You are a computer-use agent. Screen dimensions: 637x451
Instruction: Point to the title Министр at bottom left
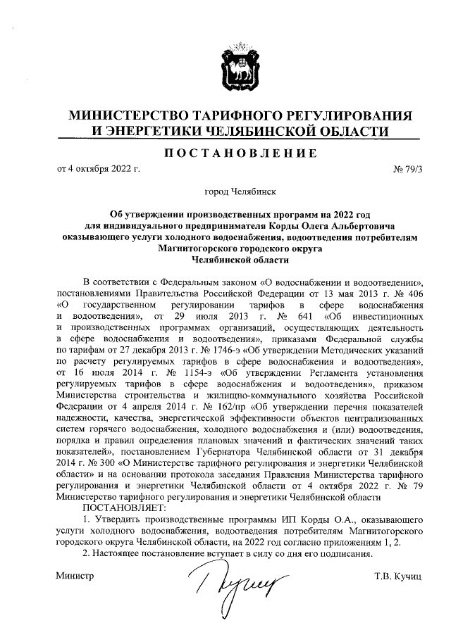[x=75, y=577]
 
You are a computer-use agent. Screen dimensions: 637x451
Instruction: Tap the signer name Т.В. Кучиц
[x=397, y=577]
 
